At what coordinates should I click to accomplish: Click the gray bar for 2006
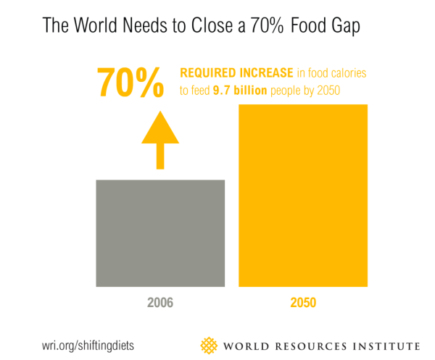point(160,232)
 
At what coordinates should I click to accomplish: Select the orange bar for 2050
point(304,195)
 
